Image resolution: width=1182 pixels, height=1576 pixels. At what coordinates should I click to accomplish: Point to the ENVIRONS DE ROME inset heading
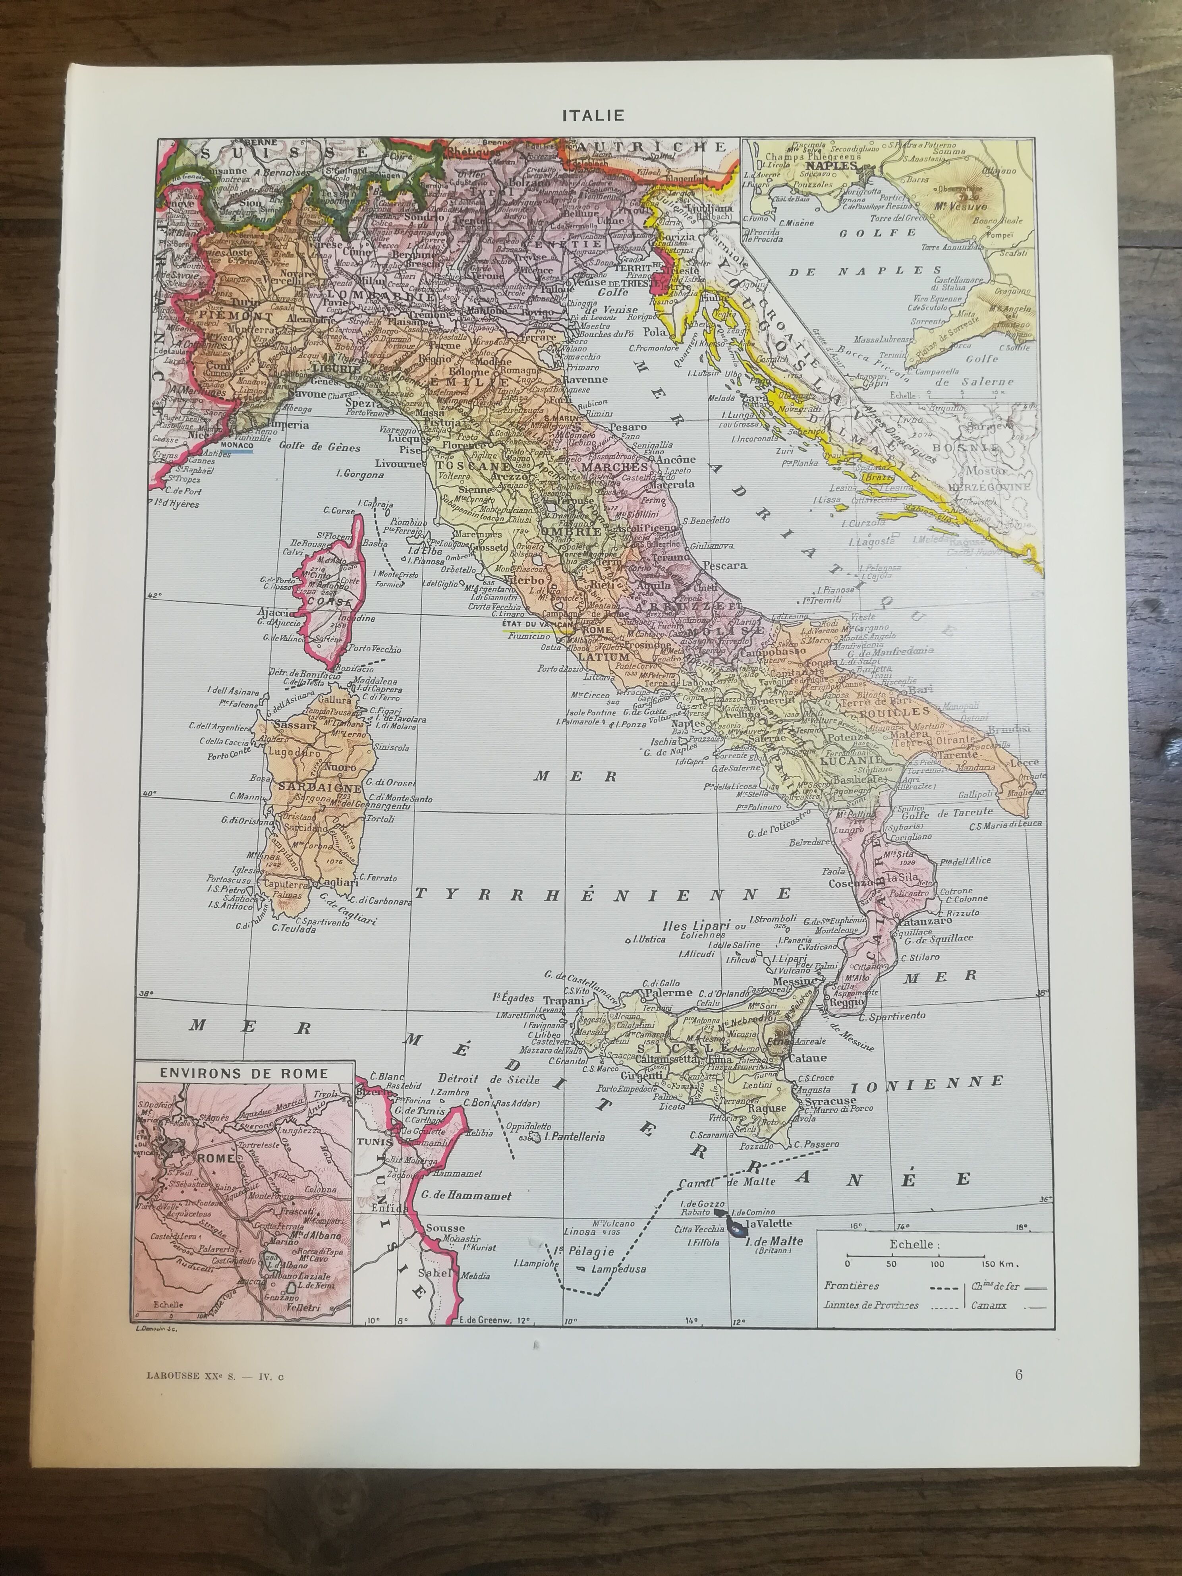click(x=243, y=1073)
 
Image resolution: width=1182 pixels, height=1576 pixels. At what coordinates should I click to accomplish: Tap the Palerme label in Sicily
click(x=668, y=993)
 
